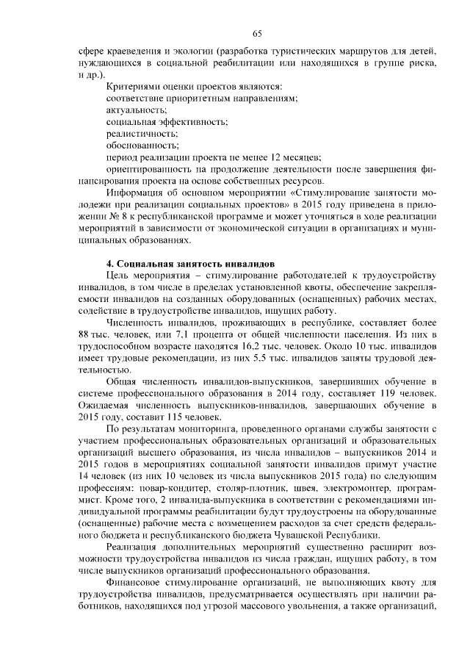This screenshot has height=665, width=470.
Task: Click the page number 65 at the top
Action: pyautogui.click(x=257, y=33)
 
